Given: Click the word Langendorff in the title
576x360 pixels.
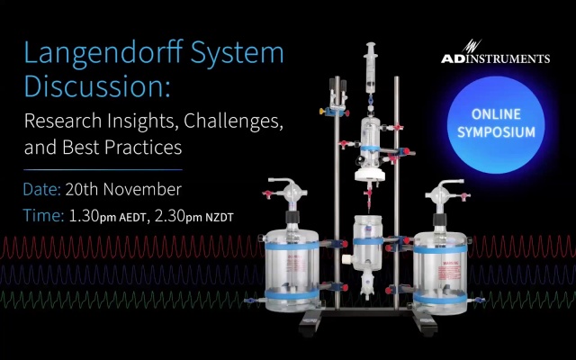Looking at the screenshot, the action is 103,54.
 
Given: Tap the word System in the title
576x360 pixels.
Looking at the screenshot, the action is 238,54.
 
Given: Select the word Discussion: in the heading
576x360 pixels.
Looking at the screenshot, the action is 97,86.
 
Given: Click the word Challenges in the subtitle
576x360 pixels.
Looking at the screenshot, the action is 233,121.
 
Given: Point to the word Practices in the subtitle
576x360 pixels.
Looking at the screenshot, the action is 143,148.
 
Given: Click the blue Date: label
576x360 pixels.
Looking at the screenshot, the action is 42,190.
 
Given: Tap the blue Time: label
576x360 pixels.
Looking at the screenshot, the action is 43,215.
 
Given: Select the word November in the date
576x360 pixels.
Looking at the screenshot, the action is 142,190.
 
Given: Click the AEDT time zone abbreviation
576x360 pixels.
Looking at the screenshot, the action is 132,218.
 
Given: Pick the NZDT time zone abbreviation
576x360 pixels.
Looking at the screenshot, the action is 220,218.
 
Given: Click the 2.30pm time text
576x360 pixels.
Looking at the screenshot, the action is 178,216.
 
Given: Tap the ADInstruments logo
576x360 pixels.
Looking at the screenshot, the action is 495,52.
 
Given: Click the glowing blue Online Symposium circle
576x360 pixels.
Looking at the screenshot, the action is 496,124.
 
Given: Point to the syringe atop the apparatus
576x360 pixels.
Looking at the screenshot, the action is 371,68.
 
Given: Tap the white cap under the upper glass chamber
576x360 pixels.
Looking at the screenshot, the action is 370,175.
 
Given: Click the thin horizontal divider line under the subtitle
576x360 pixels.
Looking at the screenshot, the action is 103,170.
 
